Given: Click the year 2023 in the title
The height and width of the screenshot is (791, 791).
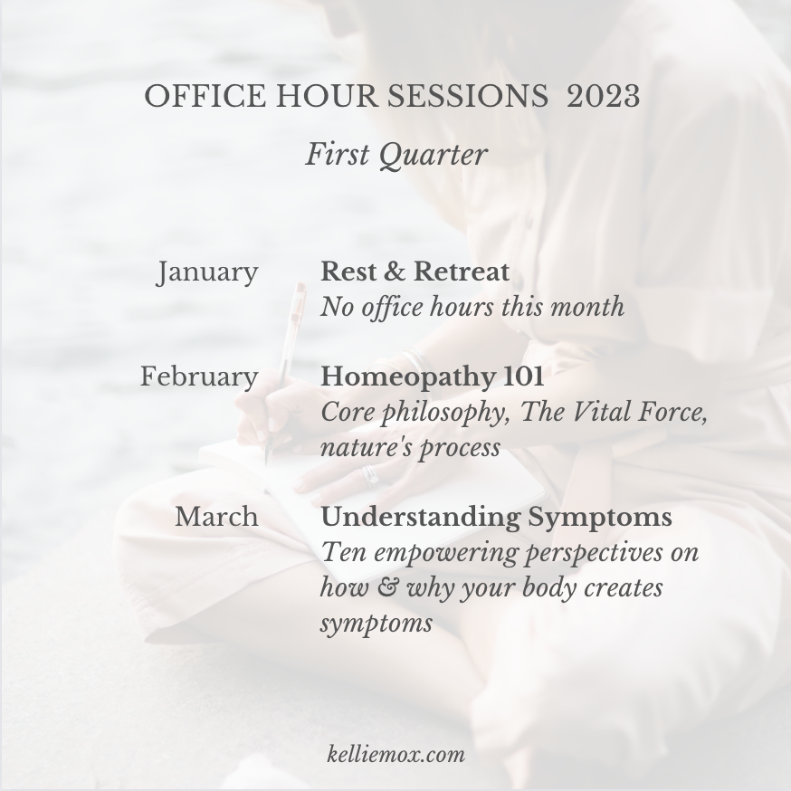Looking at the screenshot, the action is click(604, 96).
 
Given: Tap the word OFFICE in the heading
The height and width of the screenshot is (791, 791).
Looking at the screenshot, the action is click(205, 96).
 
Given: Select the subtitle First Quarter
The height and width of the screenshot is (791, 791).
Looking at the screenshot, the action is click(396, 155).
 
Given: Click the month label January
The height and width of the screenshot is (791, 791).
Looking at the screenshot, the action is click(207, 273).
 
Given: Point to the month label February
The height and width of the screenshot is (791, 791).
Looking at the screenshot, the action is click(199, 377).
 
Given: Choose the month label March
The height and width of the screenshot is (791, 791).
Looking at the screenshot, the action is click(216, 517).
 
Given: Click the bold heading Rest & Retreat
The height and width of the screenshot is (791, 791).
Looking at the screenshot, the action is click(415, 272).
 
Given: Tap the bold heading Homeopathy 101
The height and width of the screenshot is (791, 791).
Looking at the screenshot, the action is click(433, 376).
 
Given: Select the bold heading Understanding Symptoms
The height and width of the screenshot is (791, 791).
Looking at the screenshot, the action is click(496, 518).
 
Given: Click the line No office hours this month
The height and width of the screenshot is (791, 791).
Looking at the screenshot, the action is click(472, 307).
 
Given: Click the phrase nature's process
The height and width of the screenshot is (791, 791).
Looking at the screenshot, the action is click(410, 447).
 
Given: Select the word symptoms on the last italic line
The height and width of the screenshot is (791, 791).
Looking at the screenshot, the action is click(376, 624).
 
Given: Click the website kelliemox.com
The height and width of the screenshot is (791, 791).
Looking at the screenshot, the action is click(396, 755).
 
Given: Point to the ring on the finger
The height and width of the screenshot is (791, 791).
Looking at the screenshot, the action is click(370, 476).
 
